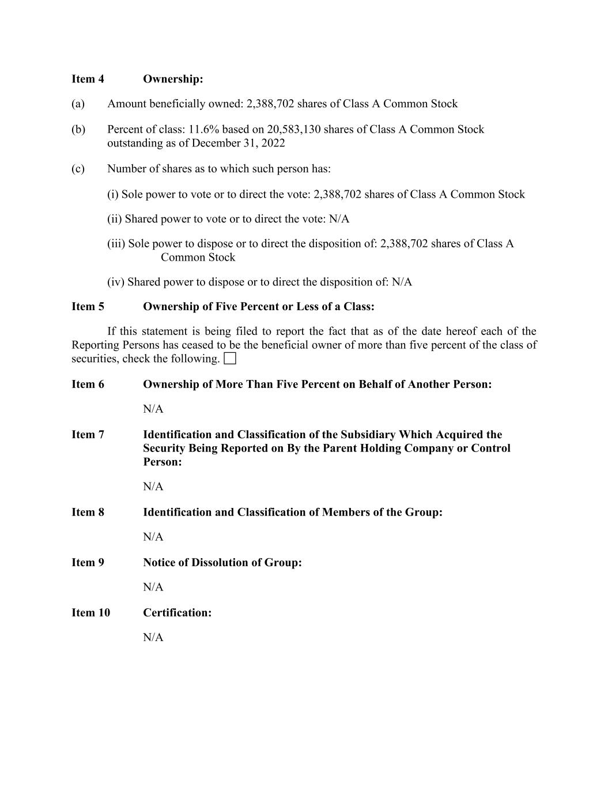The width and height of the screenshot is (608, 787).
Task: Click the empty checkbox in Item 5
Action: point(230,359)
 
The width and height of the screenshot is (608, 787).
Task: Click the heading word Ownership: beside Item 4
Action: point(173,79)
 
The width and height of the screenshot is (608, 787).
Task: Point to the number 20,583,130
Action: point(294,129)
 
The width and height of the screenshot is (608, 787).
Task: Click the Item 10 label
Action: point(90,612)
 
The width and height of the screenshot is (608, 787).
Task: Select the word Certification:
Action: point(177,612)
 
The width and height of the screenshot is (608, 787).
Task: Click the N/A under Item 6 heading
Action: point(153,409)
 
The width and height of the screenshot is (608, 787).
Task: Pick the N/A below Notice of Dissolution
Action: point(153,587)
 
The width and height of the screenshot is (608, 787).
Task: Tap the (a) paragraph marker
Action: point(78,104)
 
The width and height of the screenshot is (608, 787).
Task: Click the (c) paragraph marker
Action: point(78,168)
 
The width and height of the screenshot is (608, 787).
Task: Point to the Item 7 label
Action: point(88,434)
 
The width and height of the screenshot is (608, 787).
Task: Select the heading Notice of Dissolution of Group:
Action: point(222,562)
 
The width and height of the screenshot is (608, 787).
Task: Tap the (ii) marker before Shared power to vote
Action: point(114,219)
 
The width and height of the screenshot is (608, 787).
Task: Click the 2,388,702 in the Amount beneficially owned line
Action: point(270,104)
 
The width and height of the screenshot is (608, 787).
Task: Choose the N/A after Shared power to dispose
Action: point(402,282)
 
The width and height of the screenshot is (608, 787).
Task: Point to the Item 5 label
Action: point(88,306)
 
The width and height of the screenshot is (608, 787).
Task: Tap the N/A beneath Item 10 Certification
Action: point(153,637)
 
